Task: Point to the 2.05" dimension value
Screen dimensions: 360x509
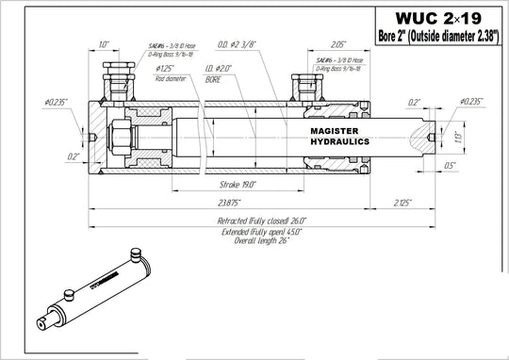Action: pyautogui.click(x=340, y=44)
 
